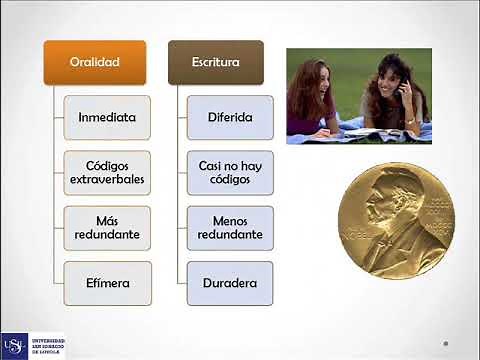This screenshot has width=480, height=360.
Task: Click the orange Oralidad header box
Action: [x=95, y=62]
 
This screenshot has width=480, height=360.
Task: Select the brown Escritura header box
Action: [x=215, y=62]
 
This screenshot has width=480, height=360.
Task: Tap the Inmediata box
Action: [x=107, y=117]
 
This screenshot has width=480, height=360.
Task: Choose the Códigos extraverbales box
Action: [x=107, y=172]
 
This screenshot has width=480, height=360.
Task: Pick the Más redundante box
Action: [x=107, y=227]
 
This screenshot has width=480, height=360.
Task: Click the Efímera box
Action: [x=107, y=283]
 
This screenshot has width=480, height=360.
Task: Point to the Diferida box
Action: [x=230, y=117]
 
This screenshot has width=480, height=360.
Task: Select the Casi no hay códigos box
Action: [x=230, y=172]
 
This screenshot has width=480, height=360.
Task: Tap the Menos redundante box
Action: [x=230, y=227]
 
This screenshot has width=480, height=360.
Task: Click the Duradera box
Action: [x=230, y=283]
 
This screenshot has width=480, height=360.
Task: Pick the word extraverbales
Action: [x=107, y=180]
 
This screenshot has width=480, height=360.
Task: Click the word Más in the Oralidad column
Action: [x=107, y=219]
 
